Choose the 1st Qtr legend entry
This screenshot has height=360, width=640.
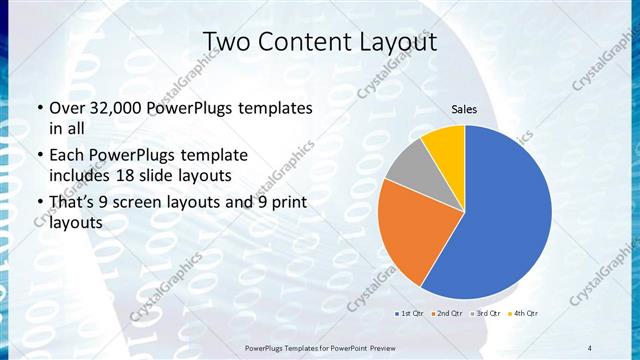[x=408, y=315]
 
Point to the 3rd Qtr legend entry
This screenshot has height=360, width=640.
[x=487, y=315]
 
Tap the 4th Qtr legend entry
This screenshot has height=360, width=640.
[x=526, y=315]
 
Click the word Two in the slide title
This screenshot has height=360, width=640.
[x=226, y=42]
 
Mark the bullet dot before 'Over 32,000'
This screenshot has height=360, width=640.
[x=39, y=109]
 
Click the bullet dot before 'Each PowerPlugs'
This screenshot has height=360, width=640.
[x=39, y=156]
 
